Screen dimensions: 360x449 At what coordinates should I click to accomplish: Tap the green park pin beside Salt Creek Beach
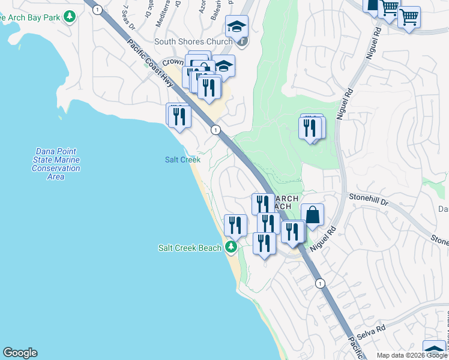[231, 247]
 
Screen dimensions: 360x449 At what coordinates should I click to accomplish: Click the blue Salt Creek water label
[182, 160]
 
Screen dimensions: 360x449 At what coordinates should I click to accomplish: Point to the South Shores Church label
[193, 41]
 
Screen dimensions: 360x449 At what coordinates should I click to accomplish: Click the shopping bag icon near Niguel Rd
[312, 214]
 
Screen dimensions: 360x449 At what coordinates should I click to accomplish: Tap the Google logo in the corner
[20, 353]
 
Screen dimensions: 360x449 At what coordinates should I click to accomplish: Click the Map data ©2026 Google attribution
[412, 355]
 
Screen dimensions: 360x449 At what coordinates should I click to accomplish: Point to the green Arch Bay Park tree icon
[70, 16]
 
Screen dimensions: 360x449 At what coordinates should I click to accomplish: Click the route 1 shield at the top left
[96, 8]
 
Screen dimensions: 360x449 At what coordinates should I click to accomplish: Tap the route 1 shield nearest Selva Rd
[321, 283]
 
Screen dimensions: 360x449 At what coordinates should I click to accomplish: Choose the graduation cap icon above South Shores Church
[237, 26]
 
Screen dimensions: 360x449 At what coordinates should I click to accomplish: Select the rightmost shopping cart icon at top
[409, 17]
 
